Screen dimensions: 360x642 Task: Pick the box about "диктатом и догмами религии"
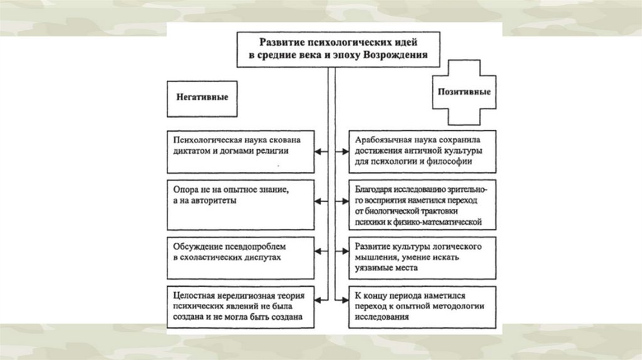coord(241,151)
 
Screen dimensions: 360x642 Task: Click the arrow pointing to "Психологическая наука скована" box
coord(320,151)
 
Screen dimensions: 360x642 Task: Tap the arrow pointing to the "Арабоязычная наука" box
coord(342,151)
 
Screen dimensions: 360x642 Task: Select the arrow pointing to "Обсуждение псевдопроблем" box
coord(320,251)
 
